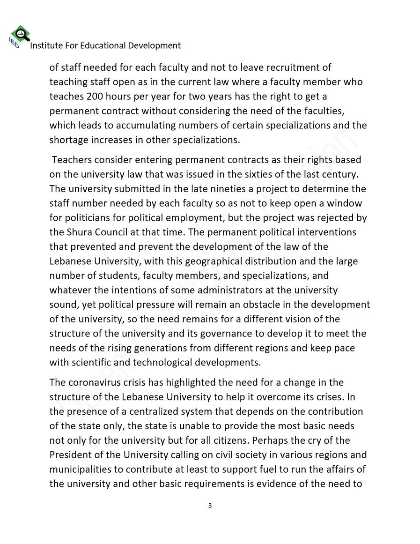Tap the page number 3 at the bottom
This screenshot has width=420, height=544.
[x=210, y=505]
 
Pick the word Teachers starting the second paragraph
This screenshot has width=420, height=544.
[x=71, y=160]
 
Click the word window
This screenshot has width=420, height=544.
[x=346, y=203]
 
